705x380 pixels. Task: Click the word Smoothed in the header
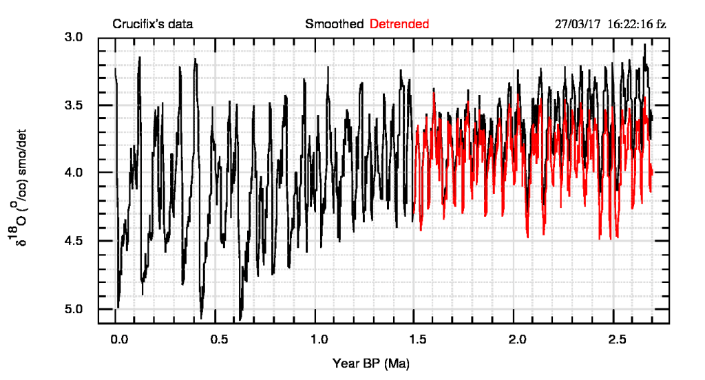coord(335,24)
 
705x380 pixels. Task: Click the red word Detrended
coord(399,24)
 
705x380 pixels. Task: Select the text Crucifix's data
coord(153,24)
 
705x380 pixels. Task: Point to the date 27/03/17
coord(578,24)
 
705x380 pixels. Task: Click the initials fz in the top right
coord(661,24)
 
